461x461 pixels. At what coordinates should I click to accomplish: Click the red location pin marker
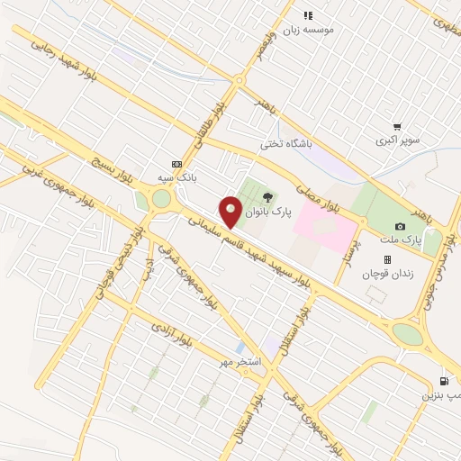pyautogui.click(x=231, y=213)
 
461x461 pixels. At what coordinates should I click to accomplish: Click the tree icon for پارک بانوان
pyautogui.click(x=267, y=198)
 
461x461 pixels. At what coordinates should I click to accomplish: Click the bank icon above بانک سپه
pyautogui.click(x=176, y=165)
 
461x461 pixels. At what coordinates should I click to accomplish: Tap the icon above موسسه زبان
pyautogui.click(x=308, y=15)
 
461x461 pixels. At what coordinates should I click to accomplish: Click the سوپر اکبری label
pyautogui.click(x=397, y=141)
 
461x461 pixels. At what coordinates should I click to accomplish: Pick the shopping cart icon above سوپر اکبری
pyautogui.click(x=397, y=127)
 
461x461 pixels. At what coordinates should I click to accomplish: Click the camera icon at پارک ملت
pyautogui.click(x=400, y=226)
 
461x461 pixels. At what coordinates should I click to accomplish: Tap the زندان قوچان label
pyautogui.click(x=388, y=274)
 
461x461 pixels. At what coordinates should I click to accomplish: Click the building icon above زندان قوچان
pyautogui.click(x=388, y=259)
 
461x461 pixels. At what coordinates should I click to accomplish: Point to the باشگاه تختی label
pyautogui.click(x=285, y=143)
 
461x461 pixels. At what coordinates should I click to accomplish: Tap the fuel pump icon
pyautogui.click(x=444, y=381)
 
